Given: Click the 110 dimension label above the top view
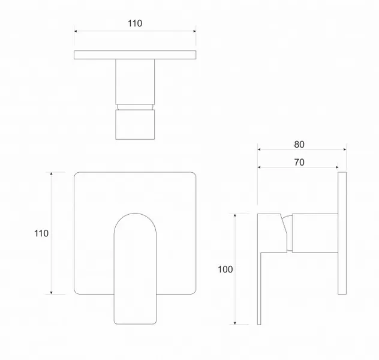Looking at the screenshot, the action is (x=135, y=23).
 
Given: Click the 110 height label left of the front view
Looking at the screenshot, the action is (x=41, y=233).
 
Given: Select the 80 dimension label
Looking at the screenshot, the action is (x=299, y=145).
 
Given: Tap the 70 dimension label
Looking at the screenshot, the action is (x=299, y=162).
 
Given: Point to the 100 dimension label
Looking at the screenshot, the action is (x=225, y=269).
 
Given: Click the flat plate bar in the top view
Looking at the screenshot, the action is (x=135, y=55).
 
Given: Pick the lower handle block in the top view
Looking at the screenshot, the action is (x=135, y=125).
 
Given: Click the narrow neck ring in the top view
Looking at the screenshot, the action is (x=135, y=107).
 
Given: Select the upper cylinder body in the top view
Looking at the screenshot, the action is (x=135, y=82).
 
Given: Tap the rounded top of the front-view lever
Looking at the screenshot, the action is (x=135, y=213).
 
